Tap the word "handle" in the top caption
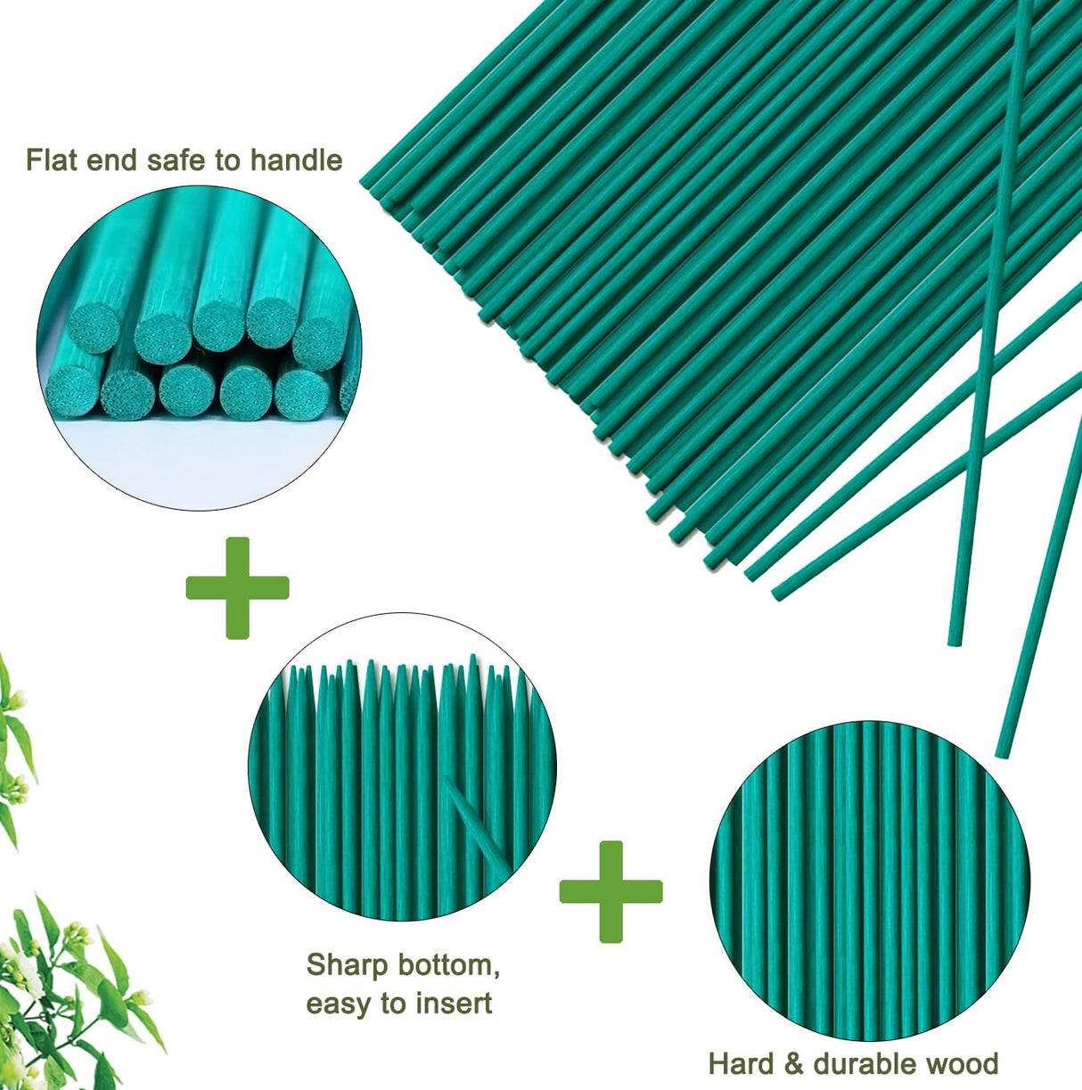point(296,160)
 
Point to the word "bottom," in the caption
point(449,964)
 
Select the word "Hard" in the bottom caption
point(739,1063)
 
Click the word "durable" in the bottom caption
point(864,1063)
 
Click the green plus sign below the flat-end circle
point(237,587)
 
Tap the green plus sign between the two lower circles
point(611,891)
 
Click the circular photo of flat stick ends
point(199,348)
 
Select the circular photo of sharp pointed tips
point(402,766)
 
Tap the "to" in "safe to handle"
point(227,160)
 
